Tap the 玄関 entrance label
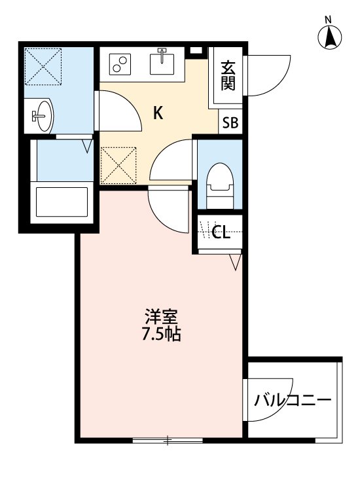[228, 76]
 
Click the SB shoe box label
[230, 122]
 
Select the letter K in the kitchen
[158, 113]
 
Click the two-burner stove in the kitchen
[120, 64]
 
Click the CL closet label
[221, 233]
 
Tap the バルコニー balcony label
[293, 400]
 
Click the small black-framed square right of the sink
[194, 51]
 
